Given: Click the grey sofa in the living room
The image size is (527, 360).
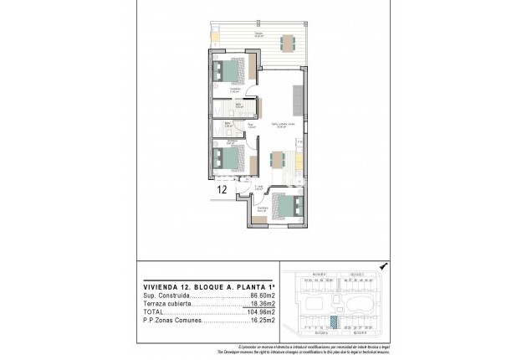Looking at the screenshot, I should pos(297,100).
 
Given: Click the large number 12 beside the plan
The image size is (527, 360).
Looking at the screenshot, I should pos(223,189).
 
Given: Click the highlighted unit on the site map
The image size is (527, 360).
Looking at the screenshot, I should pos(335,321).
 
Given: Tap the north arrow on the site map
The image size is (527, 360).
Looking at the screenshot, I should pos(383,265).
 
